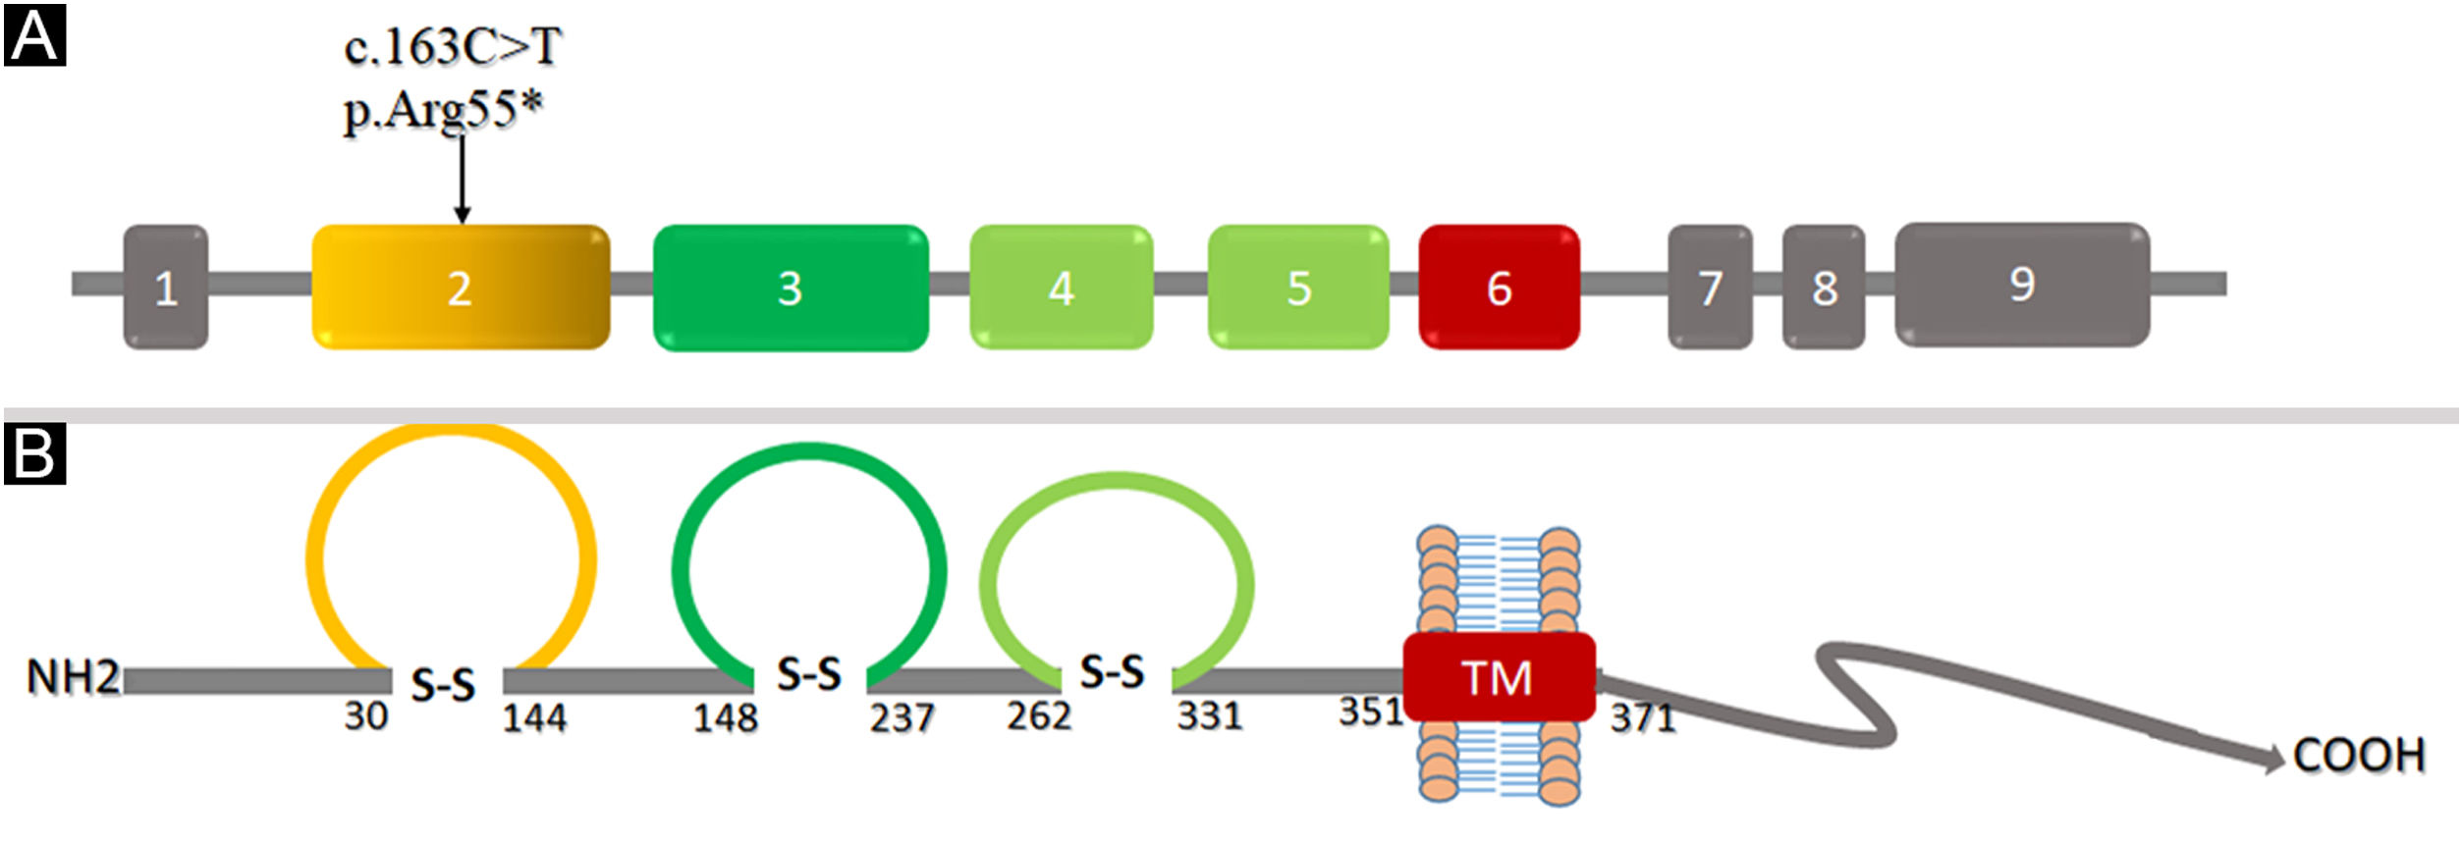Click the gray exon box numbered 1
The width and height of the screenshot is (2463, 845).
[165, 287]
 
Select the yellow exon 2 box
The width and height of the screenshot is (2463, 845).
[460, 287]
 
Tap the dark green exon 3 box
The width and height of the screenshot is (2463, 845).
[790, 288]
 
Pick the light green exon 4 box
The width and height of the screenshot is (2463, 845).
[1061, 287]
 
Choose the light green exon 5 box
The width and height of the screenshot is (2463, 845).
[1297, 287]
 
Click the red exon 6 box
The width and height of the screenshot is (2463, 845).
[1499, 287]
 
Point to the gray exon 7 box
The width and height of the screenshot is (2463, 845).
[1710, 287]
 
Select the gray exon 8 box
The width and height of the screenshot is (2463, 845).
[1823, 287]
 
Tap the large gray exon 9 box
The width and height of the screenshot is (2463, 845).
[2021, 285]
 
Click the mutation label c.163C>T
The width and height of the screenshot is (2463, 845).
[452, 47]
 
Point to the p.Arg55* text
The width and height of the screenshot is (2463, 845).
[442, 108]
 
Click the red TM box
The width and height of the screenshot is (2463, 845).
[1499, 677]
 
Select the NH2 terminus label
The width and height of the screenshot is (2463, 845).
[73, 677]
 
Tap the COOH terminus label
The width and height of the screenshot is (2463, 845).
[2359, 756]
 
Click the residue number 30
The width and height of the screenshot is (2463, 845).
[365, 716]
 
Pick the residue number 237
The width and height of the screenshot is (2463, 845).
[901, 718]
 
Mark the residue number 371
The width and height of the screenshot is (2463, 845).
[1642, 718]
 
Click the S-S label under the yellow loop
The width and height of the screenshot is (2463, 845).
[443, 684]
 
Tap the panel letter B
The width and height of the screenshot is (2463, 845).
[34, 454]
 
